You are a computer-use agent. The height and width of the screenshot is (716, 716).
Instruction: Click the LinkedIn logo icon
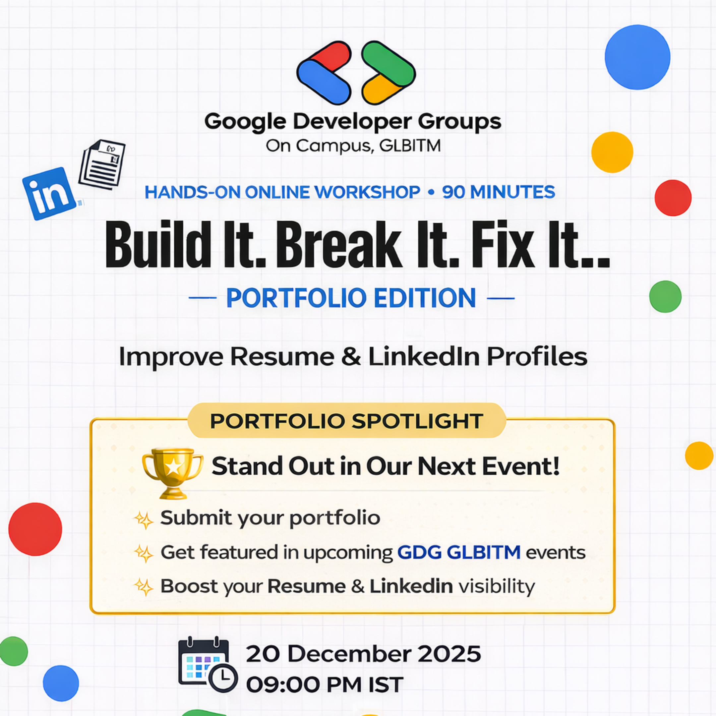[50, 194]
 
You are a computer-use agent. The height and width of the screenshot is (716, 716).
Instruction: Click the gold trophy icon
[172, 473]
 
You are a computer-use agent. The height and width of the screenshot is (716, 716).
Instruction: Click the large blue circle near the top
[637, 57]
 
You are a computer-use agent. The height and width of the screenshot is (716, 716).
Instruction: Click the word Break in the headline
[339, 245]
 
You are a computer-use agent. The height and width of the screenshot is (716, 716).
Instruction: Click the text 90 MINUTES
[499, 192]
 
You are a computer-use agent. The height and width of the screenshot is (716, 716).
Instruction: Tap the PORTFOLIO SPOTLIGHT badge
[346, 421]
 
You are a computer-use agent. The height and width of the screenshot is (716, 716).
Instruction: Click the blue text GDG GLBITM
[459, 552]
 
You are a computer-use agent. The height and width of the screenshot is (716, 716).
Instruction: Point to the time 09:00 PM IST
[325, 684]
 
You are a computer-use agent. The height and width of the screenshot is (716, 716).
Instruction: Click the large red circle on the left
[35, 529]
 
